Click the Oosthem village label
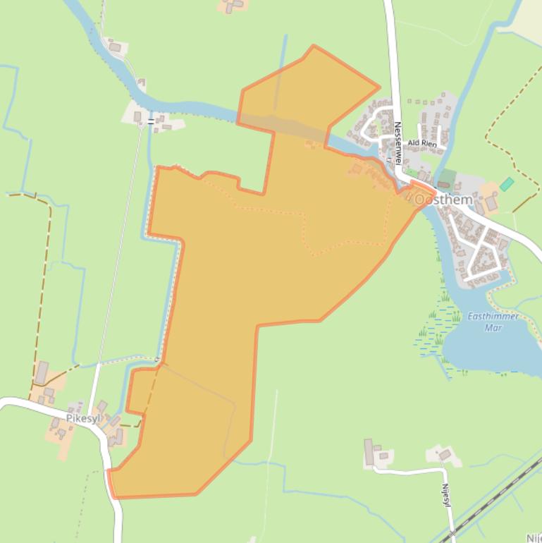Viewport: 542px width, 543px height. click(444, 200)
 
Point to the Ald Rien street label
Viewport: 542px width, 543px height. click(423, 144)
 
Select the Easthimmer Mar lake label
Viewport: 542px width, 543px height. click(493, 322)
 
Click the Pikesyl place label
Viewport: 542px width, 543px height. click(83, 418)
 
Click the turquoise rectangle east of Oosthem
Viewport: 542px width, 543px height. click(507, 183)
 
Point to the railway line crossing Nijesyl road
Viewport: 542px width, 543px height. click(486, 503)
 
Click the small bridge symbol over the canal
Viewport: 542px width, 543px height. click(152, 122)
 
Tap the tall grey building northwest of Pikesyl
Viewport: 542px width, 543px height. click(42, 372)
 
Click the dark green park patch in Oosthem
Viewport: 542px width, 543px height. click(447, 176)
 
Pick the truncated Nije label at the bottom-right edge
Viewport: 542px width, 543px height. click(534, 537)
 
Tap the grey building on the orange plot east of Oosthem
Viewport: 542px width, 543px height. click(491, 204)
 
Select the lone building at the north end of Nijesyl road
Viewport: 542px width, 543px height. click(445, 455)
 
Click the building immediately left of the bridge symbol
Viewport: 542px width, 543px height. click(138, 116)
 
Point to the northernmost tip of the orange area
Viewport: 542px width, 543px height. click(314, 47)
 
